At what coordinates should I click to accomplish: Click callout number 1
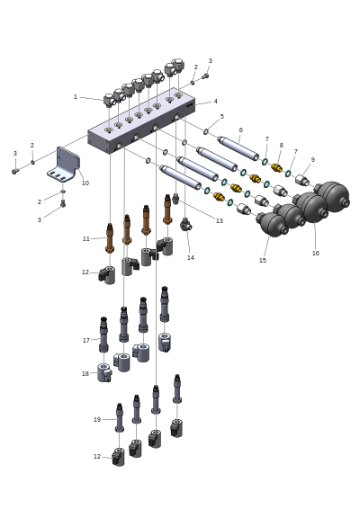tap(76, 97)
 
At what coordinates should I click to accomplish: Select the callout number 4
tap(215, 102)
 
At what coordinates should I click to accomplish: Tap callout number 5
tap(222, 117)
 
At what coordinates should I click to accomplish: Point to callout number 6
tap(240, 130)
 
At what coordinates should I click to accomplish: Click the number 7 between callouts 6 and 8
tap(266, 139)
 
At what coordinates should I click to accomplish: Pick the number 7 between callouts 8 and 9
tap(295, 152)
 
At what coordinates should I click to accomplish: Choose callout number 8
tap(281, 145)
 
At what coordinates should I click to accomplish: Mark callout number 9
tap(313, 160)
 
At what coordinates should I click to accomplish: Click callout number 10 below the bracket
tap(85, 183)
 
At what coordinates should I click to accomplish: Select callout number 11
tap(86, 238)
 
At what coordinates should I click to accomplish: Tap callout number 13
tap(219, 220)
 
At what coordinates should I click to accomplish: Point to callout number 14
tap(190, 258)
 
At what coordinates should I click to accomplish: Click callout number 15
tap(263, 261)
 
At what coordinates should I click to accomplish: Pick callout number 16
tap(316, 254)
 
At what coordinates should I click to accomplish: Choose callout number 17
tap(86, 340)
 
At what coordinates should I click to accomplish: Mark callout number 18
tap(85, 373)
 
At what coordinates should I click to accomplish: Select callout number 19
tap(97, 420)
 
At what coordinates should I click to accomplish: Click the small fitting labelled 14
tap(185, 223)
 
